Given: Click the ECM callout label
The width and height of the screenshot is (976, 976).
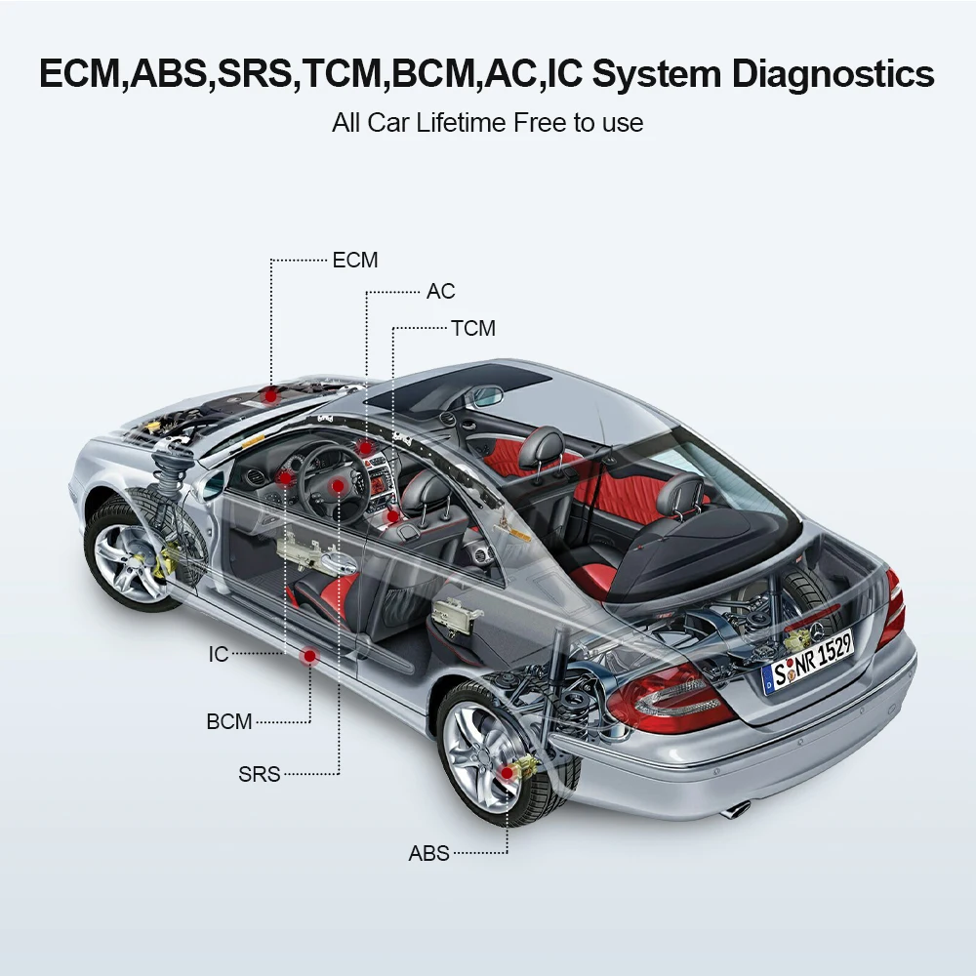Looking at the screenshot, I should pyautogui.click(x=354, y=261).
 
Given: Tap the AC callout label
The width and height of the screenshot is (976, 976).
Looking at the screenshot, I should pyautogui.click(x=440, y=292).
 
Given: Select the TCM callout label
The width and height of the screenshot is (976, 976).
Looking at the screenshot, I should pyautogui.click(x=473, y=329).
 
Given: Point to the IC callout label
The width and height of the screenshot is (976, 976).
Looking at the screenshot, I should pyautogui.click(x=219, y=654).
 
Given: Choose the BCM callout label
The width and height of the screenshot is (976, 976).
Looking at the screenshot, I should pyautogui.click(x=229, y=722).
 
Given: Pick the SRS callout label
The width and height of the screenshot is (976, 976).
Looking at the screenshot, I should pyautogui.click(x=260, y=775).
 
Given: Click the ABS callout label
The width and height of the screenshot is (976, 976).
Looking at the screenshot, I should pyautogui.click(x=429, y=854).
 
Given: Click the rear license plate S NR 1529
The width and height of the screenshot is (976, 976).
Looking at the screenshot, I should pyautogui.click(x=807, y=660).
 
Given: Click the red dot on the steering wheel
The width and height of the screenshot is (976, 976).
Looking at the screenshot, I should pyautogui.click(x=337, y=484).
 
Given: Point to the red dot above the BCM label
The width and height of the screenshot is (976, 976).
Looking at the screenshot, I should pyautogui.click(x=310, y=656).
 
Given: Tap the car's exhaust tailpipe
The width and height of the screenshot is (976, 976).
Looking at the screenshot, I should pyautogui.click(x=737, y=809).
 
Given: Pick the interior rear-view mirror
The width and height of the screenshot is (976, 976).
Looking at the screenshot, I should pyautogui.click(x=484, y=396).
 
